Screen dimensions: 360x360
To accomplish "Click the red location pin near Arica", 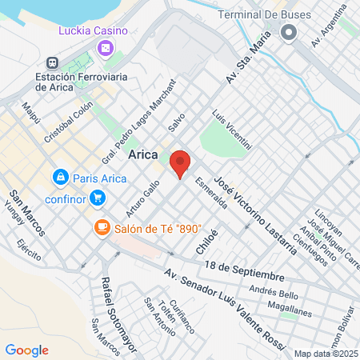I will click(x=181, y=164).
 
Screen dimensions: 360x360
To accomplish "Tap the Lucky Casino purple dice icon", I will click(x=105, y=50).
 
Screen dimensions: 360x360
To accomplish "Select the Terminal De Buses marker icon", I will click(x=289, y=32).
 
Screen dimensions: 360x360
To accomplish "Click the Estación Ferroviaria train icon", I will click(x=52, y=62).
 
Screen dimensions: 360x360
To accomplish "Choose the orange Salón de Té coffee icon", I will click(x=102, y=227).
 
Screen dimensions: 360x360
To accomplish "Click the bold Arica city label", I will click(x=143, y=155).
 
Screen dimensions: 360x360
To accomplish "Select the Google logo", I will click(x=26, y=350).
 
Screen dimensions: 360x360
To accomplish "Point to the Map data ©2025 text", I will click(x=325, y=353).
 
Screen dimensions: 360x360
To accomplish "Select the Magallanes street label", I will click(x=290, y=306).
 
